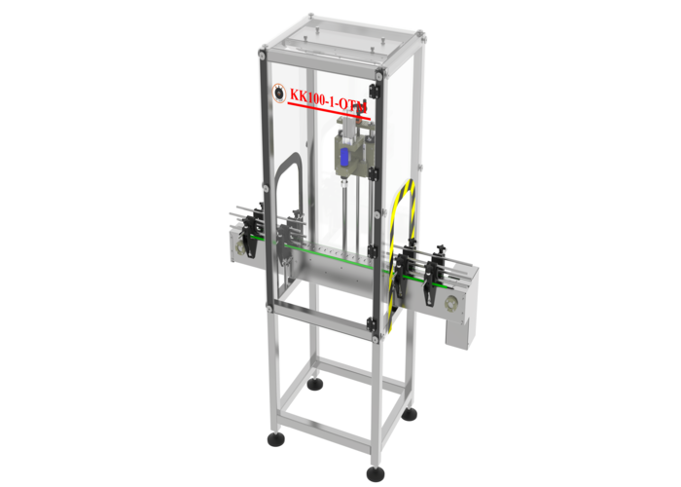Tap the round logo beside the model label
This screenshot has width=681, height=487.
[277, 94]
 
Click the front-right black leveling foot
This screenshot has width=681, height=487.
[376, 473]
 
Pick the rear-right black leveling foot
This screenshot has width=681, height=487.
[410, 414]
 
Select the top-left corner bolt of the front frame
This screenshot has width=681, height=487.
[264, 56]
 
